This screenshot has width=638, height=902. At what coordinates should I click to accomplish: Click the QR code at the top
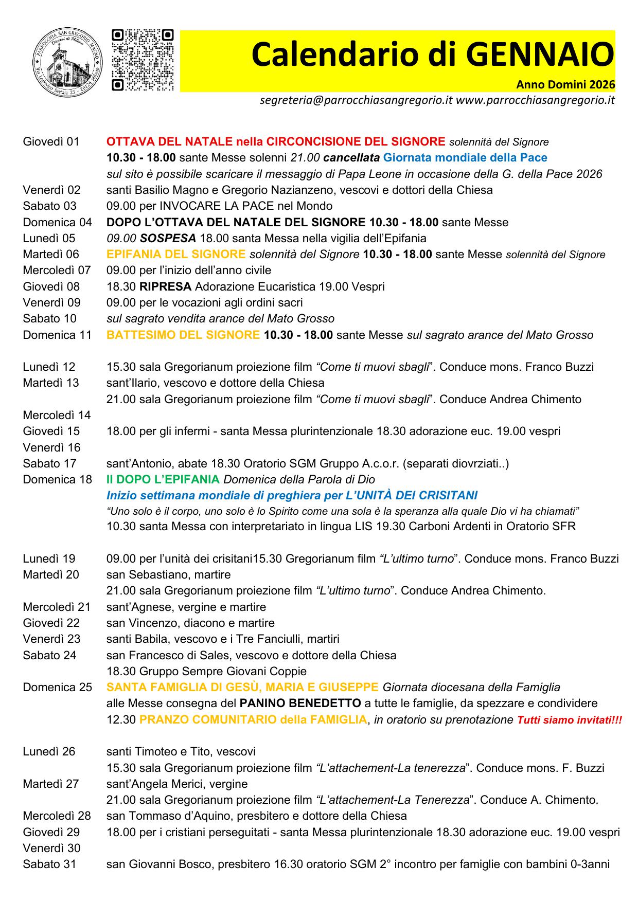pos(143,60)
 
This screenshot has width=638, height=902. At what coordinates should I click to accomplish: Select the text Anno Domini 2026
pos(565,84)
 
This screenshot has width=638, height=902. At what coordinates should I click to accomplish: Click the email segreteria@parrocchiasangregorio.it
pos(356,100)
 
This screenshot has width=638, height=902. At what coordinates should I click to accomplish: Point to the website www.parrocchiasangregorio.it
pos(535,100)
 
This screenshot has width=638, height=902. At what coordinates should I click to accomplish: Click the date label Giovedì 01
pos(51,141)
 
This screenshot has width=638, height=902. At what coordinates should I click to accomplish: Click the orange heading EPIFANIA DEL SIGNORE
pos(176,254)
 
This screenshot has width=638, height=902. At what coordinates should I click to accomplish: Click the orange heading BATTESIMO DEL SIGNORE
pos(183,335)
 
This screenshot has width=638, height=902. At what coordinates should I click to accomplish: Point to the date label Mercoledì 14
pos(57,415)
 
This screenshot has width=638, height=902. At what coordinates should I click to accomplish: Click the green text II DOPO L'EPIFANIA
pos(163,479)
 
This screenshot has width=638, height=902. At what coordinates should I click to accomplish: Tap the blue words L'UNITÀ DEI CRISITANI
pos(416,495)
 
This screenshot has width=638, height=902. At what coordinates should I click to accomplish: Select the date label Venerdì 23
pos(51,639)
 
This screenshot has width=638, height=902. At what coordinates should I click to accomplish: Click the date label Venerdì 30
pos(51,847)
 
